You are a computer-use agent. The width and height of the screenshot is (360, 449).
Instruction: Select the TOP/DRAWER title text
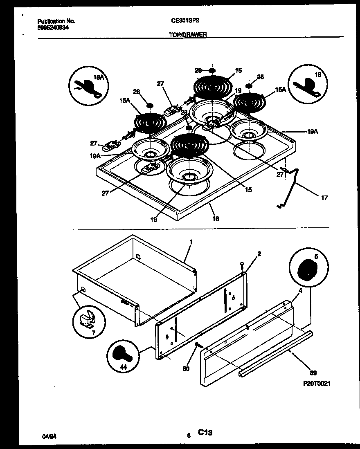(188, 35)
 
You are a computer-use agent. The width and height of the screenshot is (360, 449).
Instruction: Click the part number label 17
(324, 198)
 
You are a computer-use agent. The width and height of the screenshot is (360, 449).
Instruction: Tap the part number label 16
(216, 219)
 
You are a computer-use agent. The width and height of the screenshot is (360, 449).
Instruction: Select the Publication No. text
(56, 21)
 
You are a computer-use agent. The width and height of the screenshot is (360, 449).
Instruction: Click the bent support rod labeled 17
(291, 184)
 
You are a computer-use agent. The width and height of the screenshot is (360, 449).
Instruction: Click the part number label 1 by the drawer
(191, 242)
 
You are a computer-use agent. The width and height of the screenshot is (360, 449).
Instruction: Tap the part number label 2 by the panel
(259, 254)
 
